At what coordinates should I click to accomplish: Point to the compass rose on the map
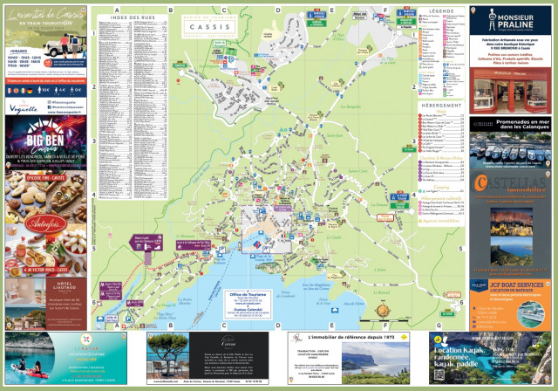pyautogui.click(x=380, y=307)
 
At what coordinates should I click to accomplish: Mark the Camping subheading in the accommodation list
pyautogui.click(x=432, y=186)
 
